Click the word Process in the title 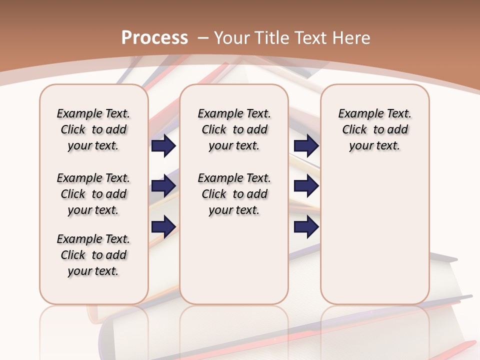(x=154, y=38)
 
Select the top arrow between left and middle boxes (x=163, y=145)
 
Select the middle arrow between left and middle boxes (x=163, y=186)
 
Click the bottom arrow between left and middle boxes (x=163, y=227)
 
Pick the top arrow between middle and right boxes (x=306, y=145)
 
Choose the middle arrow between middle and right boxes (x=306, y=186)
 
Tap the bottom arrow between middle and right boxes (x=306, y=227)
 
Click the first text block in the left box (x=93, y=129)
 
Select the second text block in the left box (x=93, y=194)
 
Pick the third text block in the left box (x=93, y=255)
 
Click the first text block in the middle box (x=234, y=129)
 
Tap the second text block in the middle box (x=234, y=194)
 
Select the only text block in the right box (x=374, y=129)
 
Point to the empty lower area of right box (x=374, y=235)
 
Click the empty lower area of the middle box (x=234, y=260)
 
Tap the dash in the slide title (x=203, y=38)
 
